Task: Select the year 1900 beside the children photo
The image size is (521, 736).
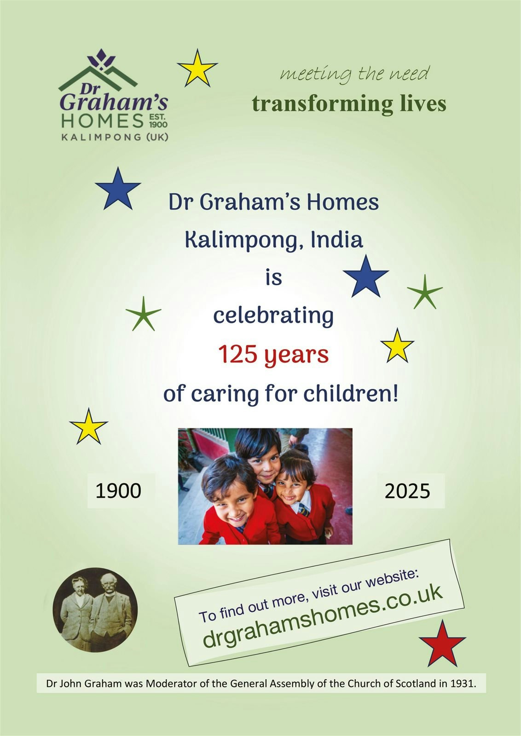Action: tap(118, 491)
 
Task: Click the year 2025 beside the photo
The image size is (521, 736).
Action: tap(407, 491)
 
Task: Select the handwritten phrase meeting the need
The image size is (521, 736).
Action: tap(355, 74)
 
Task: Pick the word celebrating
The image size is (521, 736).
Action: tap(273, 316)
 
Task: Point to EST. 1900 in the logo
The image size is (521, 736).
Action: tap(158, 121)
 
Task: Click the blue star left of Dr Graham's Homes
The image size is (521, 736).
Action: tap(118, 189)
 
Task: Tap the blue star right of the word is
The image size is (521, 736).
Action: tap(365, 277)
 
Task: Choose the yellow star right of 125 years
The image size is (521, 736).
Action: tap(397, 346)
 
